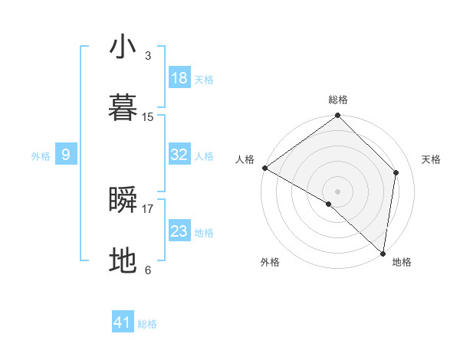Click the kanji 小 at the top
coord(123,47)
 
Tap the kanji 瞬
coord(123,200)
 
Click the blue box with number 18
coord(179,78)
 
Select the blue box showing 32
coord(179,155)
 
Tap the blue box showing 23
coord(179,231)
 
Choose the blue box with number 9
coord(66,155)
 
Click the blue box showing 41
coord(123,322)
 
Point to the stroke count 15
coord(148,117)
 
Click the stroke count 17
coord(148,208)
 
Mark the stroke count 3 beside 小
coord(147,56)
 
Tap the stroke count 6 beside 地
coord(147,270)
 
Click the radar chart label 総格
coord(338,100)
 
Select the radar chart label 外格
coord(270,263)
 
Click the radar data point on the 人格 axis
coord(264,168)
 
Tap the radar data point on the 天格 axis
coord(396,172)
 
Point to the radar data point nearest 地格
coord(383,253)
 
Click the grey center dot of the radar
coord(338,191)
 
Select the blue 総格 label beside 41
coord(147,324)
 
